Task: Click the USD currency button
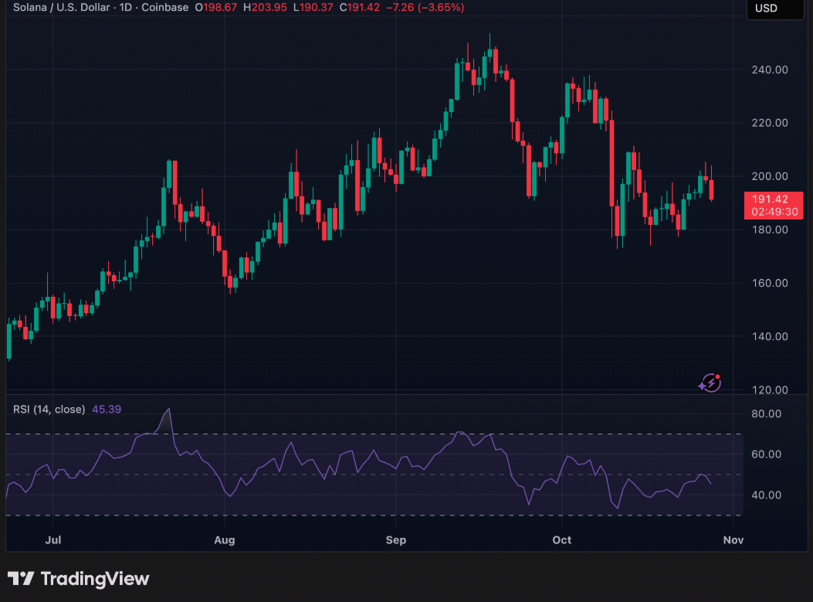click(x=767, y=9)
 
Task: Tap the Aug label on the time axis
click(x=224, y=539)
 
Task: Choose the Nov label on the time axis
click(x=733, y=539)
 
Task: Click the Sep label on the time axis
click(x=395, y=539)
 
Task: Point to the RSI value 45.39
click(x=107, y=409)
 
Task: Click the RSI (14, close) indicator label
click(x=49, y=409)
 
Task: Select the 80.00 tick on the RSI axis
click(x=767, y=414)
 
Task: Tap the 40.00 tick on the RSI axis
click(x=767, y=495)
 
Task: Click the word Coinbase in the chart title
click(x=165, y=8)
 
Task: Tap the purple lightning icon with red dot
click(x=710, y=383)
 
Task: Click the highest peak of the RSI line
click(x=168, y=409)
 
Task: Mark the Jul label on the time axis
click(x=53, y=539)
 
